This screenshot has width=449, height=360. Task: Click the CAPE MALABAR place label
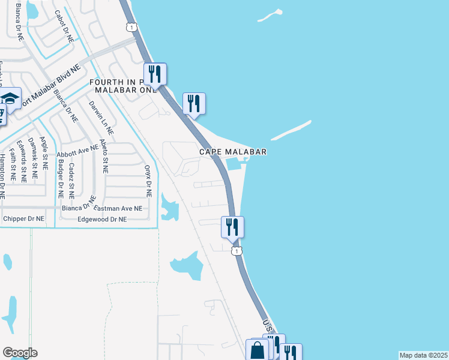(233, 152)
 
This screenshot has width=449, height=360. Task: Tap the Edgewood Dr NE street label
(102, 220)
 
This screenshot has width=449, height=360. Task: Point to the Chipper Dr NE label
(24, 219)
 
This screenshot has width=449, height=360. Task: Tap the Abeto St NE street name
(104, 157)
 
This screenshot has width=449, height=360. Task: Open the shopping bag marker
(257, 350)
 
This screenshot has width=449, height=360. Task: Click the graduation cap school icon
(10, 98)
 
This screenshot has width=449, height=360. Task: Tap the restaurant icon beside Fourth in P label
(155, 74)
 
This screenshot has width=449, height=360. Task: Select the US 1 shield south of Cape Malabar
(238, 250)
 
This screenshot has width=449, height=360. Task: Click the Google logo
(20, 353)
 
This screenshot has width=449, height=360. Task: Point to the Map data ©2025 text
(423, 355)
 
